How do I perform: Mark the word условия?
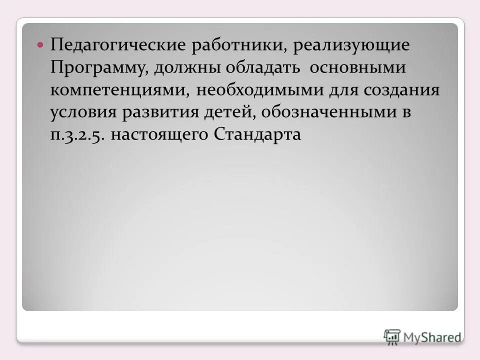click(x=83, y=113)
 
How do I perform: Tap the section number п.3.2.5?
click(x=77, y=135)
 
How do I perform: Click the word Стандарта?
click(x=257, y=134)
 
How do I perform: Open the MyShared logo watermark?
click(x=422, y=336)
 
